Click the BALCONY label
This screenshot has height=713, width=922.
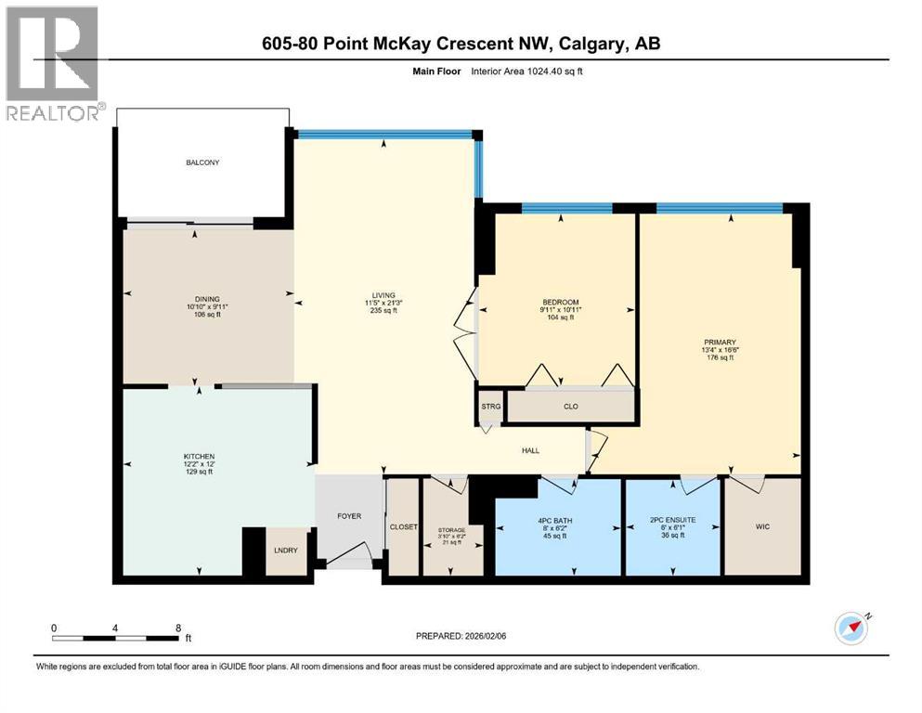pos(201,163)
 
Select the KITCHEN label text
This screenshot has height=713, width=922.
pos(199,457)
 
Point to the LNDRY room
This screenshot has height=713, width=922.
pos(284,550)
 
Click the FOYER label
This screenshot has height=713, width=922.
pos(348,516)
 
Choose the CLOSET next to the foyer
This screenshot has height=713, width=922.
pos(403,526)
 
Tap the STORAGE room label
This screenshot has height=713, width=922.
pos(452,530)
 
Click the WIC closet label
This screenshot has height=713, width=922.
pos(762,526)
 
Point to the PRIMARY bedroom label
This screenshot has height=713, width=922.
pos(719,342)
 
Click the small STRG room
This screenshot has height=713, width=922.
pos(490,406)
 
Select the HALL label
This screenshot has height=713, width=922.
pos(530,451)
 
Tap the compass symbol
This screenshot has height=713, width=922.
pos(850,629)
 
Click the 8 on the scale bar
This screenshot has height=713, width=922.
pos(177,628)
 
